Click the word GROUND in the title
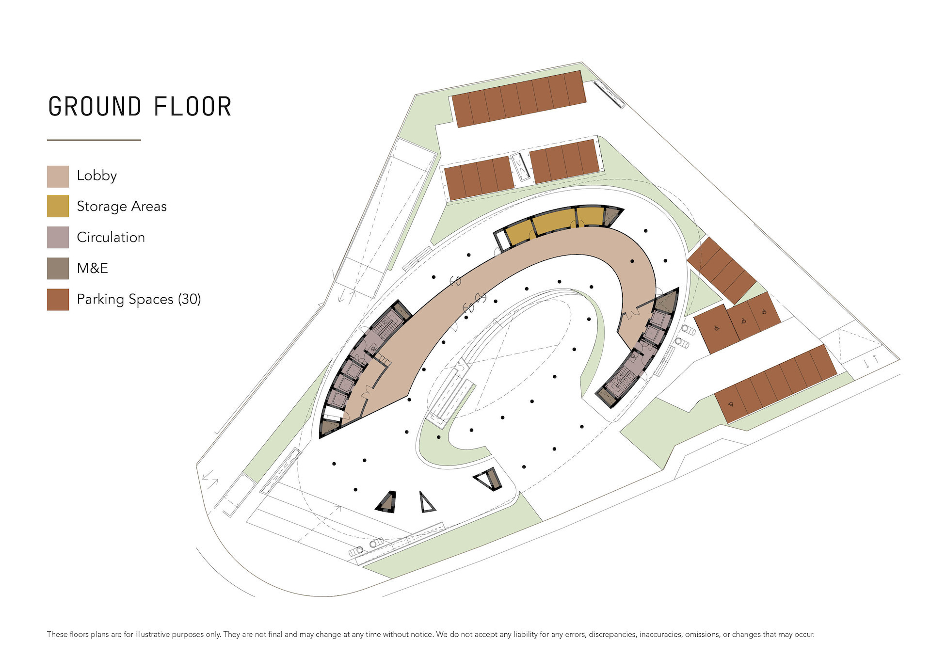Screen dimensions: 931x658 (x=95, y=107)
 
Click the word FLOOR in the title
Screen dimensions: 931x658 (x=193, y=107)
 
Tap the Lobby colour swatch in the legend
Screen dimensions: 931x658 (x=58, y=177)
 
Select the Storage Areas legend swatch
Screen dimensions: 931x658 (x=58, y=206)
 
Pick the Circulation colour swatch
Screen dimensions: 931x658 (x=58, y=237)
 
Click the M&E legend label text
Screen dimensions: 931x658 (x=93, y=268)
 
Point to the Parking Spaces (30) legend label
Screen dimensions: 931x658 (x=139, y=299)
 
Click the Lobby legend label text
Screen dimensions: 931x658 (x=97, y=176)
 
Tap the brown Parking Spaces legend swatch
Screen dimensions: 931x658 (x=58, y=299)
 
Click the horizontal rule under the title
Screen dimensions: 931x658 (x=94, y=140)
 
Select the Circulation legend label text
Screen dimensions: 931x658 (x=111, y=237)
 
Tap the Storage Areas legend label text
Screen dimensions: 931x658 (x=122, y=206)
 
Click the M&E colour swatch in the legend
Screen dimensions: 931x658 (x=58, y=268)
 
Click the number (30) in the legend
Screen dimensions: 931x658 (x=189, y=299)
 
